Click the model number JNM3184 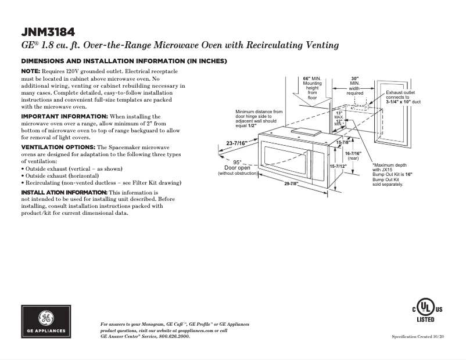(x=48, y=31)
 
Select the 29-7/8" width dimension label (x=291, y=183)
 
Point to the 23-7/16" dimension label (x=237, y=143)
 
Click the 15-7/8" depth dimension (x=343, y=142)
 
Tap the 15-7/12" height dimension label (x=338, y=166)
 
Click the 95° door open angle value (x=237, y=162)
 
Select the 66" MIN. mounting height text (x=312, y=78)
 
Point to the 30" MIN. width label (x=355, y=78)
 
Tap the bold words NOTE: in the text (x=31, y=71)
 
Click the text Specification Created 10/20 (x=418, y=337)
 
